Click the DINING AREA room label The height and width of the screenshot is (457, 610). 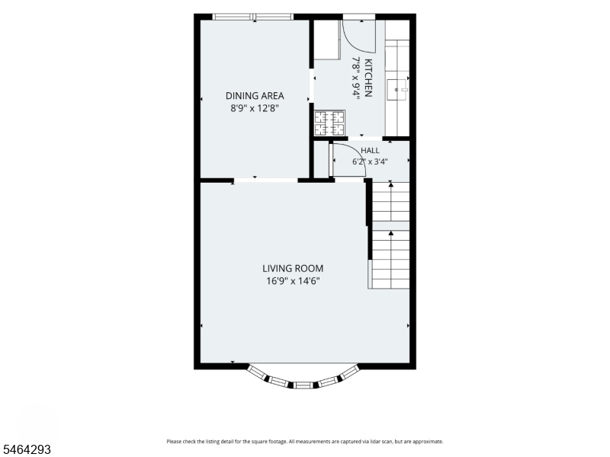click(255, 96)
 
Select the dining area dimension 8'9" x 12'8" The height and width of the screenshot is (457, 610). click(255, 108)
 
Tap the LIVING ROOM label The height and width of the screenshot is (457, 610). click(293, 269)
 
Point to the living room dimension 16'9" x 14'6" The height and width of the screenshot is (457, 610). click(293, 280)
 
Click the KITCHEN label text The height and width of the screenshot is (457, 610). click(368, 78)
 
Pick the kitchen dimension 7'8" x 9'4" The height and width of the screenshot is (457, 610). click(356, 78)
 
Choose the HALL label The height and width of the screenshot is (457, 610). click(370, 150)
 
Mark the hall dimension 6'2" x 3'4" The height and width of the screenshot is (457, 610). click(370, 161)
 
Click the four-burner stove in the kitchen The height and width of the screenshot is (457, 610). click(329, 123)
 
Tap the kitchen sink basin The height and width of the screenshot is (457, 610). click(396, 90)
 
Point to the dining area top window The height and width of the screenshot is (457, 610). click(253, 17)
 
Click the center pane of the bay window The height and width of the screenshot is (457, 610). click(303, 385)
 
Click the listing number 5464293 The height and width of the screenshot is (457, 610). click(26, 449)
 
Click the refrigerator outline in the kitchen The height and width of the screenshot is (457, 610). click(327, 40)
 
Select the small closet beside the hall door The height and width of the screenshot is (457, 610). click(322, 159)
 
